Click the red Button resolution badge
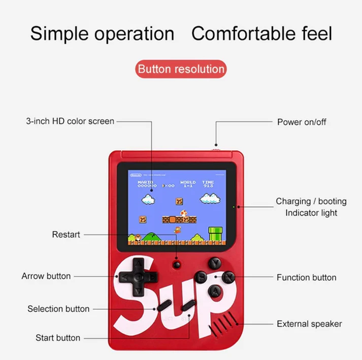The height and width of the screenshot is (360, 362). click(181, 69)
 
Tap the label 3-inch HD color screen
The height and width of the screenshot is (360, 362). click(70, 121)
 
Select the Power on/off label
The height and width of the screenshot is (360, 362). click(302, 122)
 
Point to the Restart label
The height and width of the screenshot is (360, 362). click(66, 235)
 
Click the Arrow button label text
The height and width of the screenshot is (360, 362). click(46, 276)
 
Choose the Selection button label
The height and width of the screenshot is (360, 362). click(58, 309)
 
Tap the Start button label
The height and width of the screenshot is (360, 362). click(58, 338)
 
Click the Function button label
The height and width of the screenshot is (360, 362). click(306, 277)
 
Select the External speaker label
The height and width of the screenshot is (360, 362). click(309, 324)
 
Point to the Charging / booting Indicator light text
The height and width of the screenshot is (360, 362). click(311, 207)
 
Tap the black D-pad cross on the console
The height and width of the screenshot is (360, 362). click(137, 277)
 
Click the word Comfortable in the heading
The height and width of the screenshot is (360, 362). click(242, 34)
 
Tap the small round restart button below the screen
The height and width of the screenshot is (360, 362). click(177, 264)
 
